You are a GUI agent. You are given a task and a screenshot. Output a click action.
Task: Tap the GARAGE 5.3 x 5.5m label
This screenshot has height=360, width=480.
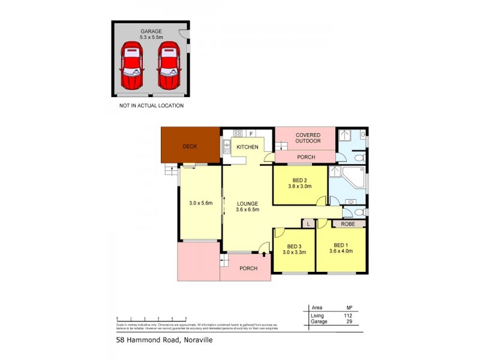pos(151,34)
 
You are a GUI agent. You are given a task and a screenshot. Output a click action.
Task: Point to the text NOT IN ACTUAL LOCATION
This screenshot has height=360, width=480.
pos(151,106)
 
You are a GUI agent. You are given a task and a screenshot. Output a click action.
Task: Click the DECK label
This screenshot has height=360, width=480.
pos(190,146)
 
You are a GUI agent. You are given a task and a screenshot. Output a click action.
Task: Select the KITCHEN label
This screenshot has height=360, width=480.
pos(247,147)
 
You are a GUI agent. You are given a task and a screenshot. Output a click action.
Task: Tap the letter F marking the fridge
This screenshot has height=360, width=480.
pos(251,133)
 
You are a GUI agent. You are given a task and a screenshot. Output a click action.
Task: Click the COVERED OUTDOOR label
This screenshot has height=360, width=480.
pos(308,138)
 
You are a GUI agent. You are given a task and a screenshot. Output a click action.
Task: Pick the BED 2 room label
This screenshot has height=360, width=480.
pos(301,183)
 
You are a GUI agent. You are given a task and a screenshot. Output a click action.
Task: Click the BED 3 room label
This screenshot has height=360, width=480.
pos(294,250)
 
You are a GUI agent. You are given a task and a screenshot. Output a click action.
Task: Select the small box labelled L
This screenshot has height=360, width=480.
pos(307,224)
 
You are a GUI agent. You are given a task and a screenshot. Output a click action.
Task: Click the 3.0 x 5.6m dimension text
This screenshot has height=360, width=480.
pos(201,203)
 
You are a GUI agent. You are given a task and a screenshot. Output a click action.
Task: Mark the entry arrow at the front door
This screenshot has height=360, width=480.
pos(263,255)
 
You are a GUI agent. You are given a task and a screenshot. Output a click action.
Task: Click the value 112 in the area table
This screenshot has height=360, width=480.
pos(348,316)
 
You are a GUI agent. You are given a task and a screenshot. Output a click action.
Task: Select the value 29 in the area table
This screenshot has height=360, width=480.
pos(348,322)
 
